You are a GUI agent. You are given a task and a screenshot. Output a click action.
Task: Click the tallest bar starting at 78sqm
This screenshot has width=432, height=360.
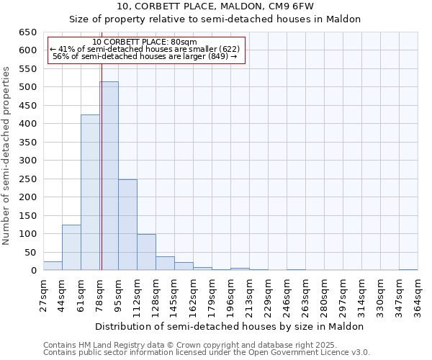coord(109,176)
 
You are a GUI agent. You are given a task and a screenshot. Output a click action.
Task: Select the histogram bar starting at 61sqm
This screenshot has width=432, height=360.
coord(90,193)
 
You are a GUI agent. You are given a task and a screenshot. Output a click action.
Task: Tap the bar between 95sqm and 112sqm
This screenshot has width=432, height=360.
coord(127,225)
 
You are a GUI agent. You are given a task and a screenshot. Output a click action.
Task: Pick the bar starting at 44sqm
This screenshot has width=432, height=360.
coord(71,248)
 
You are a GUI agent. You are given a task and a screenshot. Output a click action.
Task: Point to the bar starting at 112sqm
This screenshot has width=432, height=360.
coord(146,253)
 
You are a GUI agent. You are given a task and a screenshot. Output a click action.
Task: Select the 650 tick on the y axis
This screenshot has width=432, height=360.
coord(27,32)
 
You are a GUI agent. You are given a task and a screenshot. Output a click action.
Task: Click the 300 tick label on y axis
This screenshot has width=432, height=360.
coord(27,161)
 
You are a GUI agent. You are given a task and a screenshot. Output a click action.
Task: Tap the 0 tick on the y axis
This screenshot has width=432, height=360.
coord(33,271)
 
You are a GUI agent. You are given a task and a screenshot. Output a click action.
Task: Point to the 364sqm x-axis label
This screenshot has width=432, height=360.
coord(418,295)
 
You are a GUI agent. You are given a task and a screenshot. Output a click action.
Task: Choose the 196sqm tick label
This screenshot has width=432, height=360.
coord(230,295)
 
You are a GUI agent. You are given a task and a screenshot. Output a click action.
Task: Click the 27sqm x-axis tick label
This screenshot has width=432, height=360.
coord(44,295)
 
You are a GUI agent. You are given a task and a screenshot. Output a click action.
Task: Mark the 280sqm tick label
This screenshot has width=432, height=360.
coord(324,295)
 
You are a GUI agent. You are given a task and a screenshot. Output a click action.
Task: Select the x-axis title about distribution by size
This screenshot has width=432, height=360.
coord(229,326)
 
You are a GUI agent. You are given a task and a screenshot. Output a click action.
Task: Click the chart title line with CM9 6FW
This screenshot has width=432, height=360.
coord(215,6)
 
